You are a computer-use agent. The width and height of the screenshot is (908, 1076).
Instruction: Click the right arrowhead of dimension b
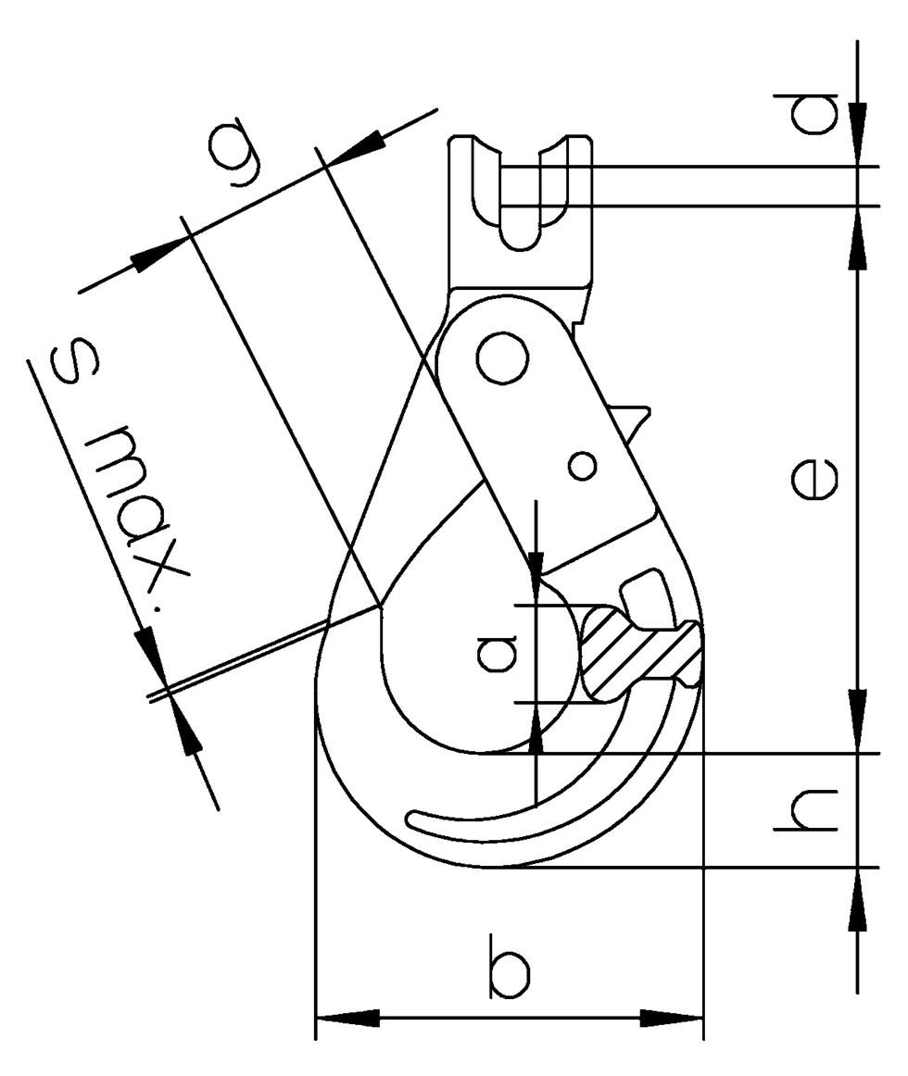click(x=673, y=1019)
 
